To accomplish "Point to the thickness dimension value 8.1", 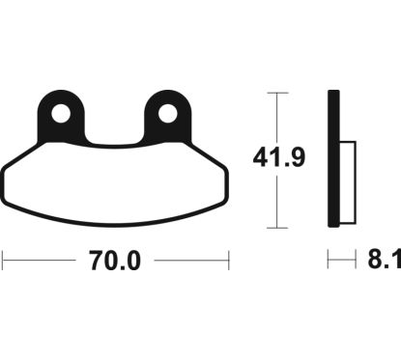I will [385, 262].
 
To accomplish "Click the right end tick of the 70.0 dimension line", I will [228, 261].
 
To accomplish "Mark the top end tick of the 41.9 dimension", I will [277, 93].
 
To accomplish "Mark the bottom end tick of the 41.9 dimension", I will [277, 229].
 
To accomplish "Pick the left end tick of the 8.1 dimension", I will [329, 261].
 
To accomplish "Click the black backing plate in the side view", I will [333, 159].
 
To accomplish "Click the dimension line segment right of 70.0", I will [191, 261].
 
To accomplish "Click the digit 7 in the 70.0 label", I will [94, 262].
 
